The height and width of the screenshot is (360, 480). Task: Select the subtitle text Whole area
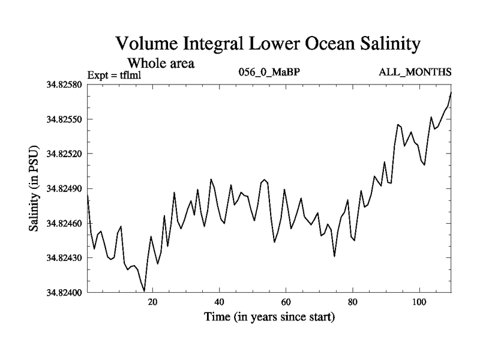[x=160, y=63]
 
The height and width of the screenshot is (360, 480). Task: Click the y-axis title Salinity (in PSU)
[x=35, y=188]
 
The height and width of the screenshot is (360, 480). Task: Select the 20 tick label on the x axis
[x=153, y=302]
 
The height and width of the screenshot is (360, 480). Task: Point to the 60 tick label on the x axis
[x=286, y=302]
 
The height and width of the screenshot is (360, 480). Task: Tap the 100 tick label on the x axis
[x=419, y=302]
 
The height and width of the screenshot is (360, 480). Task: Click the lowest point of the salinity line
[x=145, y=291]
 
